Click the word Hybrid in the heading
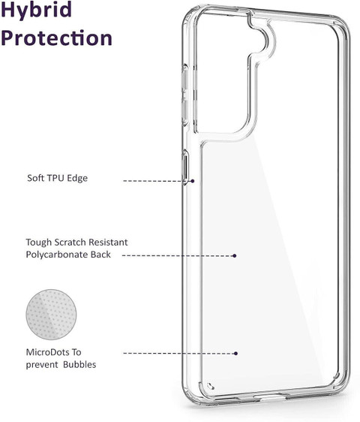[x=36, y=11]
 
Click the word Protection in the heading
[x=56, y=38]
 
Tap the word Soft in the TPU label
[x=35, y=178]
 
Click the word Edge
[x=77, y=178]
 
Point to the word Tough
[x=39, y=243]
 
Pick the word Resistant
[x=108, y=243]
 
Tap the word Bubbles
[x=79, y=365]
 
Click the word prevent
[x=42, y=365]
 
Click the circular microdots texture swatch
[x=51, y=315]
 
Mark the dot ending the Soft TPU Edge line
[x=193, y=181]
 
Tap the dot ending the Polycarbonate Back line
[x=235, y=255]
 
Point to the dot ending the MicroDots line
[x=235, y=354]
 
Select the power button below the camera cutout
[x=185, y=167]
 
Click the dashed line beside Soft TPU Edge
[x=157, y=181]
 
